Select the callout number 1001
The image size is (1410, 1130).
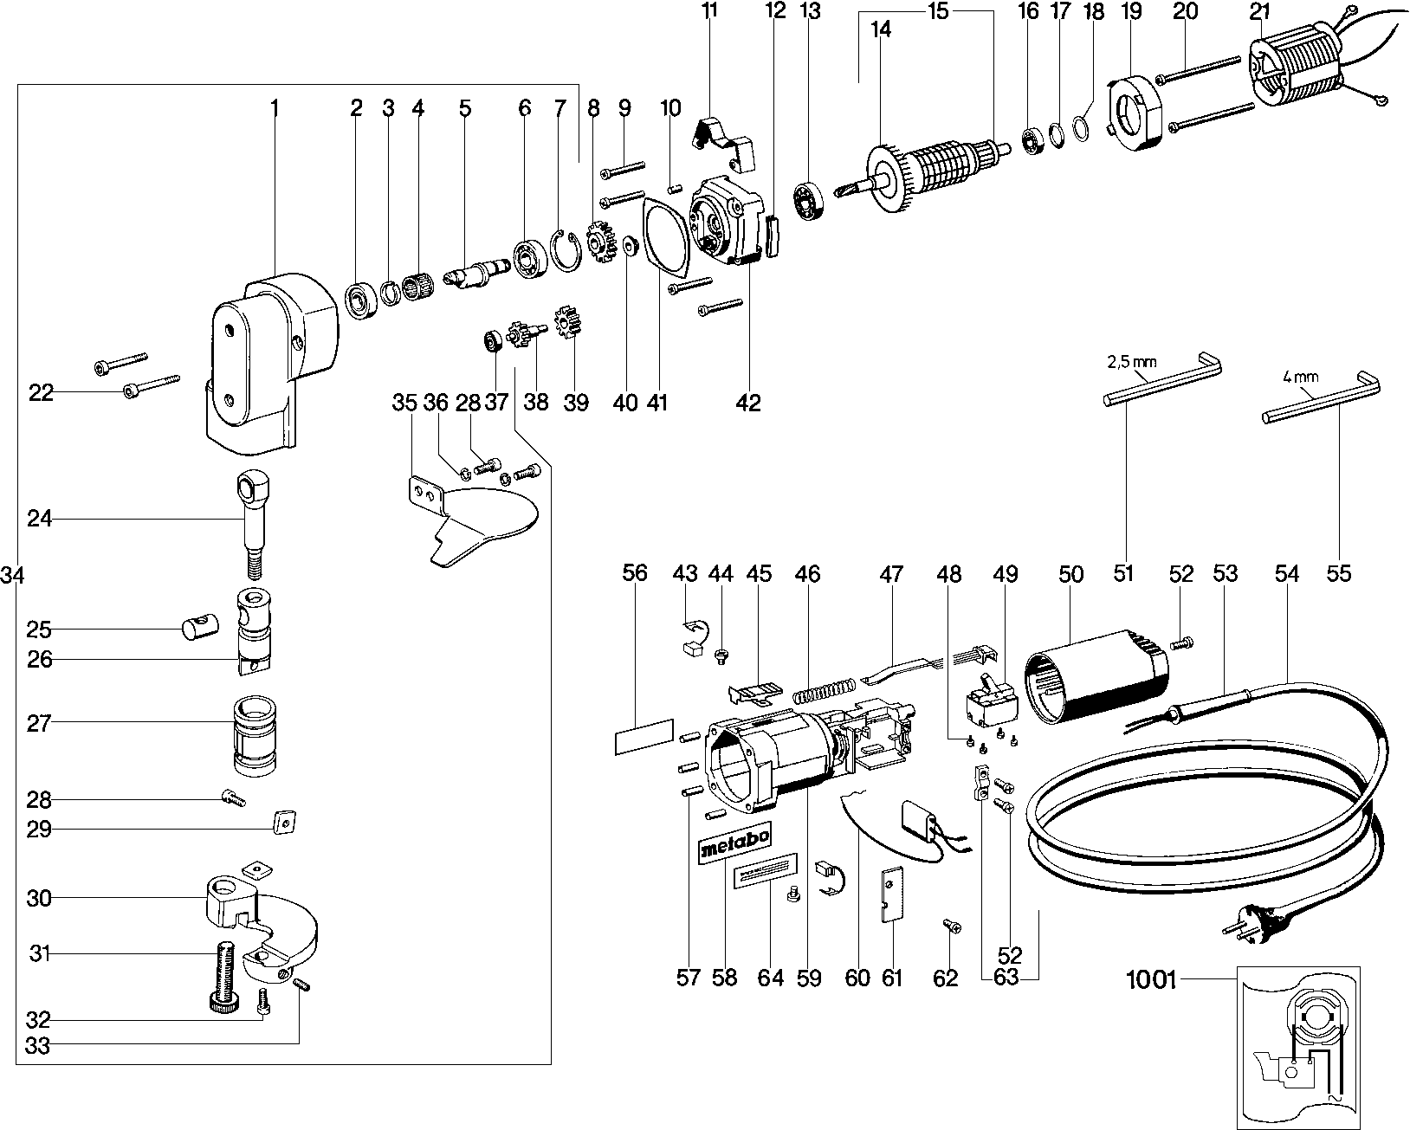point(1152,980)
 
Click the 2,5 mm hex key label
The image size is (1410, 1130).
point(1131,360)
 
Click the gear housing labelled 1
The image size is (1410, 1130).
point(268,355)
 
